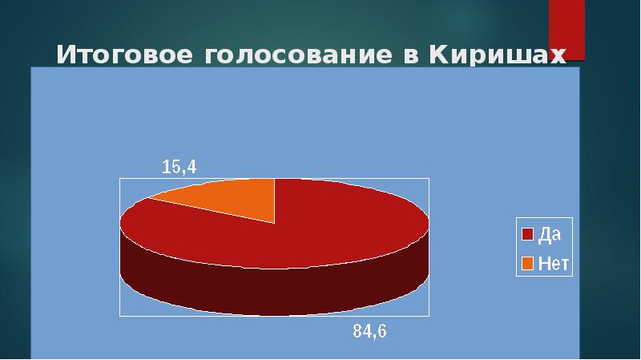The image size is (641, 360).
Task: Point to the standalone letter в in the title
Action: coord(411,57)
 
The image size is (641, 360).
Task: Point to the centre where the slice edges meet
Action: coord(275,222)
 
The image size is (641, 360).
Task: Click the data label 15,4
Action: coord(179,167)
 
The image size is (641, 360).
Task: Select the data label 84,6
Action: coord(370,330)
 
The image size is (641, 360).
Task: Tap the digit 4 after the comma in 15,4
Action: coord(191,167)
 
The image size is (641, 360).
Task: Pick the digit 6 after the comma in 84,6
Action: coord(381,330)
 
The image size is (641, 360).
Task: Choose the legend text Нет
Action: coord(553,261)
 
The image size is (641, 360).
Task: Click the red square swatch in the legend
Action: coord(526,234)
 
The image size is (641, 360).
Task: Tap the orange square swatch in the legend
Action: coord(526,261)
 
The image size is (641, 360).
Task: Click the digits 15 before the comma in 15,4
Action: coord(171,167)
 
